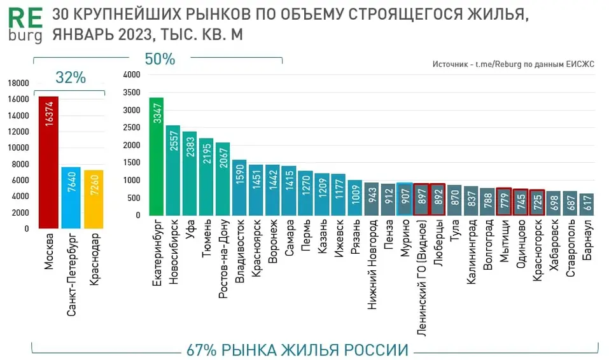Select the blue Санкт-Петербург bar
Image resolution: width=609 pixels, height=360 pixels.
click(x=71, y=198)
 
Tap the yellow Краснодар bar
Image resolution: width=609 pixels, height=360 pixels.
click(x=94, y=199)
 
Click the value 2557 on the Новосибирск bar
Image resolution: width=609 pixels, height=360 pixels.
click(x=173, y=142)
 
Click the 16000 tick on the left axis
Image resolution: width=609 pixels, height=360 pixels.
click(x=18, y=100)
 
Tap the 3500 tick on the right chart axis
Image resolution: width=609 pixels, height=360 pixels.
click(x=130, y=92)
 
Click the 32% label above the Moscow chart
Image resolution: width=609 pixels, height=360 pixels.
click(x=70, y=78)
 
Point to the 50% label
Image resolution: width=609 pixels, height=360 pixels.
click(x=160, y=59)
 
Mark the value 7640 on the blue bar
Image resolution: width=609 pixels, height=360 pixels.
click(x=71, y=188)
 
